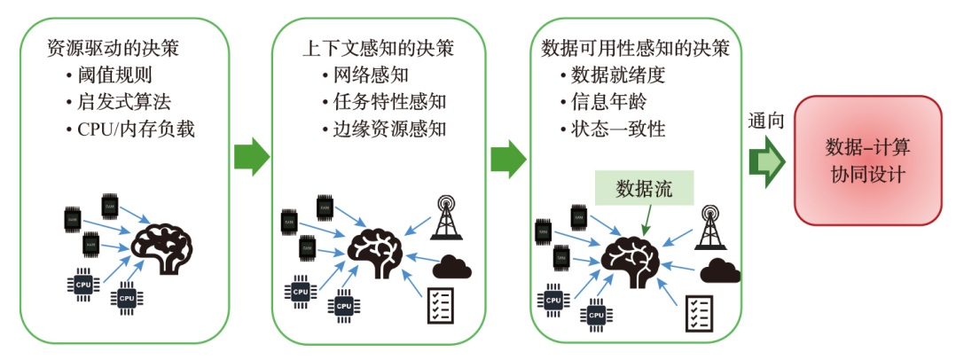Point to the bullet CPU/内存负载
(x=129, y=129)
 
